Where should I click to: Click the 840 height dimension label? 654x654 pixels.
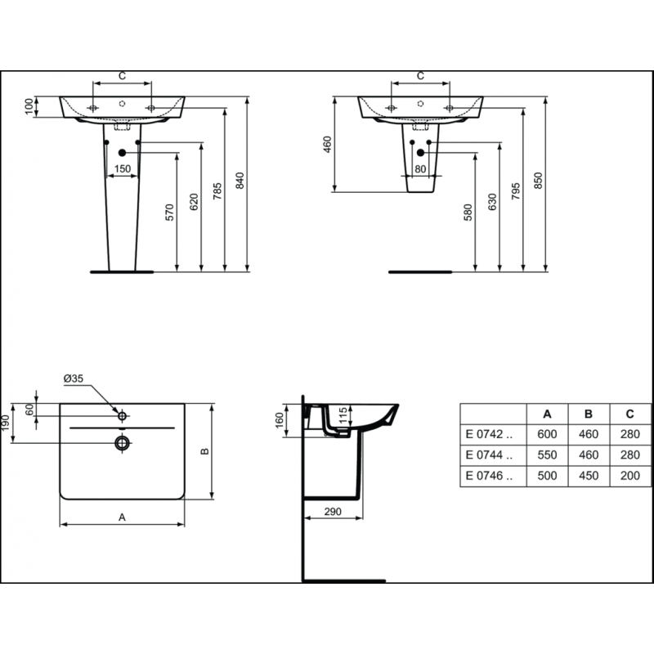[x=240, y=181]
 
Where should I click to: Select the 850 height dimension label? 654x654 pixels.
[x=539, y=181]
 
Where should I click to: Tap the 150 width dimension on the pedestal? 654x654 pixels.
[x=122, y=169]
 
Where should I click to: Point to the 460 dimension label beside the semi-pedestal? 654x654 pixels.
[x=328, y=145]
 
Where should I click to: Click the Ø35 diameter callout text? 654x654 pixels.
[x=74, y=379]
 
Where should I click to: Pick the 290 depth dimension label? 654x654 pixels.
[x=333, y=512]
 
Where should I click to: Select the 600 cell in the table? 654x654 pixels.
[x=547, y=434]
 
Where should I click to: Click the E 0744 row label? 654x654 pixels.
[x=489, y=455]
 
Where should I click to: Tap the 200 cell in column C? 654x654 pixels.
[x=629, y=476]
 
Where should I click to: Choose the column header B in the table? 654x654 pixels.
[x=589, y=414]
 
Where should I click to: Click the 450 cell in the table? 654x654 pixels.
[x=589, y=476]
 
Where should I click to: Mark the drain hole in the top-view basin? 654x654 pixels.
[x=122, y=443]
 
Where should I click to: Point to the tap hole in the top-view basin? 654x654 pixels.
[x=122, y=416]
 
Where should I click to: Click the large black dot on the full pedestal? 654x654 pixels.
[x=122, y=153]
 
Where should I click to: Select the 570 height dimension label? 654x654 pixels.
[x=169, y=213]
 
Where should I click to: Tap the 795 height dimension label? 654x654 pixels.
[x=516, y=191]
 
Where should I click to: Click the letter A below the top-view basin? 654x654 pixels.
[x=122, y=517]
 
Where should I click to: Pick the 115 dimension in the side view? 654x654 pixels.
[x=342, y=416]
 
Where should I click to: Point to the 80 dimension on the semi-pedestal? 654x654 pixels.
[x=420, y=169]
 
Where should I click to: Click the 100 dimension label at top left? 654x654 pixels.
[x=29, y=107]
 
